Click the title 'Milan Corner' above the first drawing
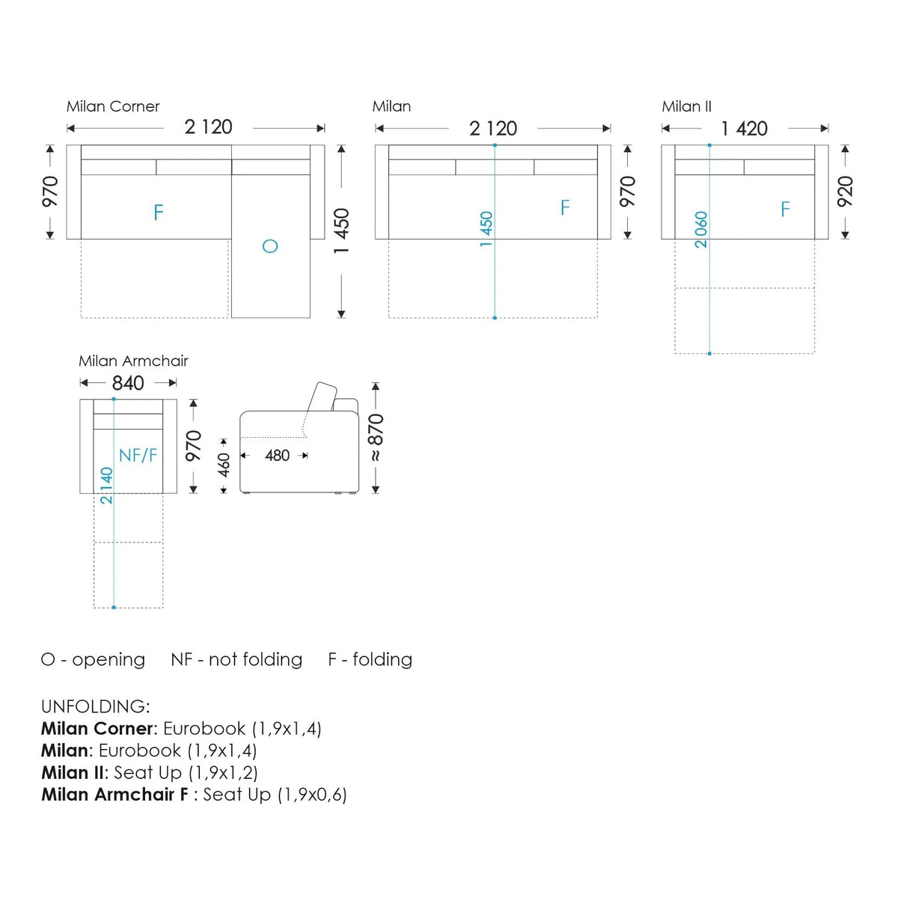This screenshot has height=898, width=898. pyautogui.click(x=113, y=107)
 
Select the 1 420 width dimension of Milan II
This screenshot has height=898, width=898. pyautogui.click(x=744, y=129)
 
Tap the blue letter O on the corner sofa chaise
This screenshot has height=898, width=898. pyautogui.click(x=270, y=245)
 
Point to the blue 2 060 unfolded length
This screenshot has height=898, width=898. pyautogui.click(x=700, y=229)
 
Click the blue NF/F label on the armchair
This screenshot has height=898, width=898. pyautogui.click(x=138, y=455)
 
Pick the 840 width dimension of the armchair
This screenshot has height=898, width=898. pyautogui.click(x=128, y=383)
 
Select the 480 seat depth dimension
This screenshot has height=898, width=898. pyautogui.click(x=278, y=455)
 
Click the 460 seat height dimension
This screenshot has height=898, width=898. pyautogui.click(x=224, y=465)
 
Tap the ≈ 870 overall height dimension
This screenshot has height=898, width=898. pyautogui.click(x=376, y=437)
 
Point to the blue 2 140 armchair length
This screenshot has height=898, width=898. pyautogui.click(x=107, y=485)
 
